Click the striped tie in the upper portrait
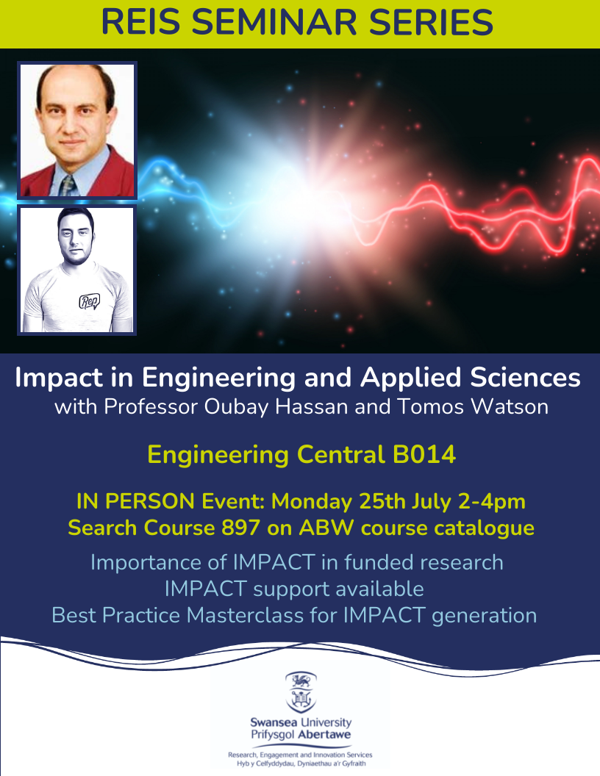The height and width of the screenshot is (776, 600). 68,186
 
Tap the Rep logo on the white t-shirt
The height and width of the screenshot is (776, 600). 90,301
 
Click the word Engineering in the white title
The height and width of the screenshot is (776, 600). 219,378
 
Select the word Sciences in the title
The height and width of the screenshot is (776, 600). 525,378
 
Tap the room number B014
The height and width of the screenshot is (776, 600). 424,454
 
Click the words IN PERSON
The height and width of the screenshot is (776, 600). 135,501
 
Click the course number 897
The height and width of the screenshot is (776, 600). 240,528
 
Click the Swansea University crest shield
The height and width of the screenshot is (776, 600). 301,692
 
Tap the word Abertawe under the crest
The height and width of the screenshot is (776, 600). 324,734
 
